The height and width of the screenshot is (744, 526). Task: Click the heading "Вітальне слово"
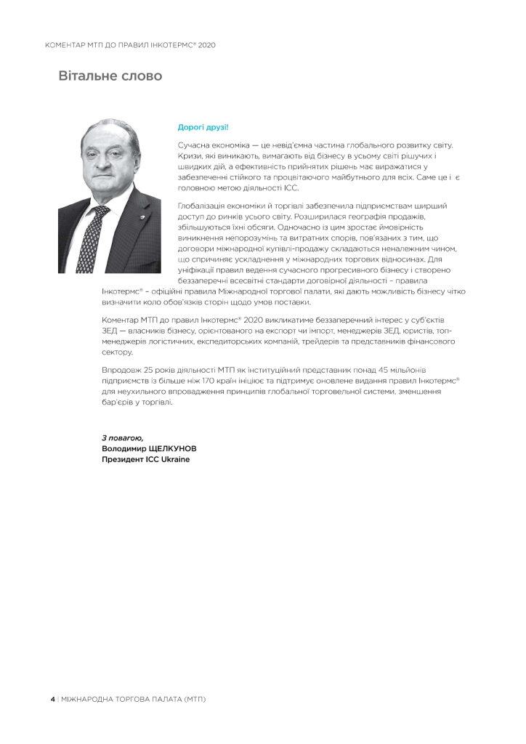[x=110, y=76]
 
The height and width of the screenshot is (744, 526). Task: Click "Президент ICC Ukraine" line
[x=146, y=459]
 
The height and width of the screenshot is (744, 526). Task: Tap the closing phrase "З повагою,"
[x=123, y=438]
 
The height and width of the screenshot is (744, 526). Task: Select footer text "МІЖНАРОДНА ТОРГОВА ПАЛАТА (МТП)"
[x=134, y=699]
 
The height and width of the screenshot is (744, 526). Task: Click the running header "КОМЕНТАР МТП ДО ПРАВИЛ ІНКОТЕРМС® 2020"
[x=130, y=46]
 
